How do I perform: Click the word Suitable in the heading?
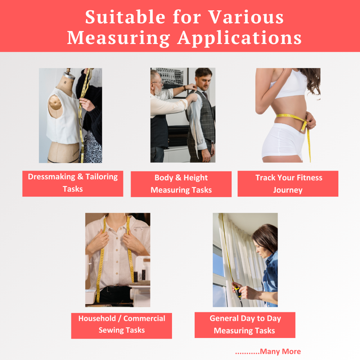[x=125, y=17]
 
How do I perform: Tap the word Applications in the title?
[x=239, y=38]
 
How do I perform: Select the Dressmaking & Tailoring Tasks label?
[x=73, y=184]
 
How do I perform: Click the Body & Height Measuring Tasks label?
[x=181, y=184]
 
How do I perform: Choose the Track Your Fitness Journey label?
[x=288, y=184]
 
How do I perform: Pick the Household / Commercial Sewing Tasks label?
[x=121, y=325]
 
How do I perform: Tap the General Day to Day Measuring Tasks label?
[x=245, y=325]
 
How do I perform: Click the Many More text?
[x=280, y=351]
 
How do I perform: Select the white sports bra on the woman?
[x=289, y=85]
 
